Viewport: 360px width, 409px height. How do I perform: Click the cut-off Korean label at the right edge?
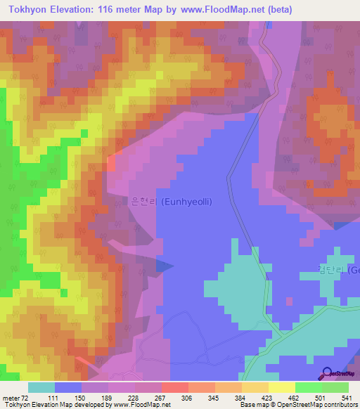point(338,271)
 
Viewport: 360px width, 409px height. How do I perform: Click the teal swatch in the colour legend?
point(41,387)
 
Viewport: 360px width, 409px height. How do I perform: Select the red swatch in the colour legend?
point(174,387)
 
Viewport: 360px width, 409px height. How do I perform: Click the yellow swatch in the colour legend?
point(281,387)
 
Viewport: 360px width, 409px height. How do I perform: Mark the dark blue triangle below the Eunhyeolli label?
point(164,266)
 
